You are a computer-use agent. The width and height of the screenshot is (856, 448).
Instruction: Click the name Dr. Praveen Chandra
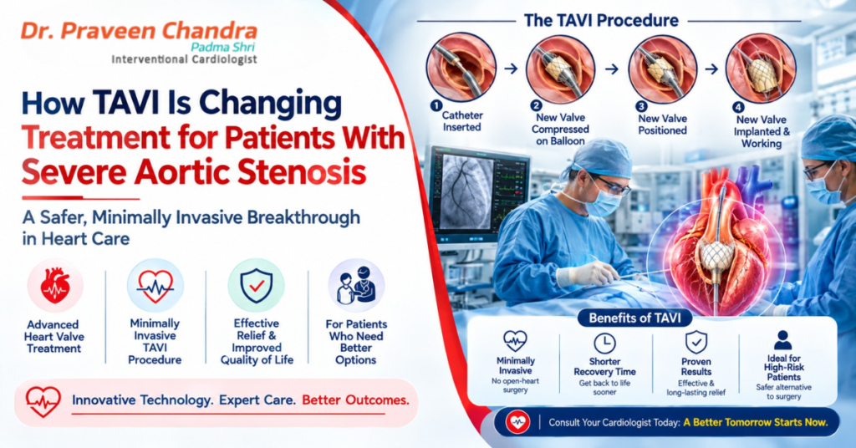pos(139,31)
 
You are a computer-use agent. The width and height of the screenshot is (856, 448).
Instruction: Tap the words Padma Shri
pos(222,47)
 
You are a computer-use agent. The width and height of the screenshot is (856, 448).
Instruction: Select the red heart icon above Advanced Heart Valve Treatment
pos(55,286)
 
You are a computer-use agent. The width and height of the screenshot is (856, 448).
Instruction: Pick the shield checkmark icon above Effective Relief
pos(256,285)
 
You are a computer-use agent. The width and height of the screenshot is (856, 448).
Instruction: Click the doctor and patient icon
pos(356,285)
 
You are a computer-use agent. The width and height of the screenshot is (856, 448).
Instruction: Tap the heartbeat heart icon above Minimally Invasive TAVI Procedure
pos(155,285)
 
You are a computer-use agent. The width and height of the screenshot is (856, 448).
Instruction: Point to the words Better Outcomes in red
pos(355,400)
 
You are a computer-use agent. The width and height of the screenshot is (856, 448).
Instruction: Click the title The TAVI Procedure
pos(601,21)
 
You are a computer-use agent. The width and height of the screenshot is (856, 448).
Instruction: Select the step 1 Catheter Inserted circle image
pos(461,67)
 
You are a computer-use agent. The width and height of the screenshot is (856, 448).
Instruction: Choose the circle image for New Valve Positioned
pos(663,69)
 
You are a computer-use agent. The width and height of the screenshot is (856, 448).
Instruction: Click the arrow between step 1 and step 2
pos(511,69)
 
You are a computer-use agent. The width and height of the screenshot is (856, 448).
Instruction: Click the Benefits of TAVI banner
pos(634,318)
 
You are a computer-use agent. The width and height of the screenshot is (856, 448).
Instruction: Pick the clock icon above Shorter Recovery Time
pos(604,344)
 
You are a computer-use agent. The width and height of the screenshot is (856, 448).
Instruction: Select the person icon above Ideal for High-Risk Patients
pos(782,340)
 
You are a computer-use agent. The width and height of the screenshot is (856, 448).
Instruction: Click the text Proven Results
pos(696,366)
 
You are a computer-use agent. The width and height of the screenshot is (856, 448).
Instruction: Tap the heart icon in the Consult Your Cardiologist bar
pos(517,422)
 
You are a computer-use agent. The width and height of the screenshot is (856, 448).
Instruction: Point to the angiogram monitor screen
pos(463,191)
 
